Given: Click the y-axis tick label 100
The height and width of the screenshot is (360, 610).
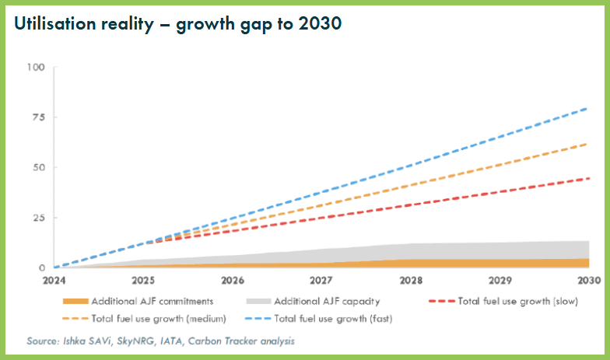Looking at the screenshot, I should (36, 67).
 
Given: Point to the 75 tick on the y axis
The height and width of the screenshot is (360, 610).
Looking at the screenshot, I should (39, 117).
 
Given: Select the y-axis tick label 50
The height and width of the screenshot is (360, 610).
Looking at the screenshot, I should (39, 167).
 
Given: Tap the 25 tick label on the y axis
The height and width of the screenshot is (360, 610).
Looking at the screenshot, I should (39, 218).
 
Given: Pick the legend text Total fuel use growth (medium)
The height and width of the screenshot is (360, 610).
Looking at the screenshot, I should (159, 318).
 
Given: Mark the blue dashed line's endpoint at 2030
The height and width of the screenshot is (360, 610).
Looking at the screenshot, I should (587, 108).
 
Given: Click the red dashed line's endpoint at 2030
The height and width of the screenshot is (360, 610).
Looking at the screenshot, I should (587, 178).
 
